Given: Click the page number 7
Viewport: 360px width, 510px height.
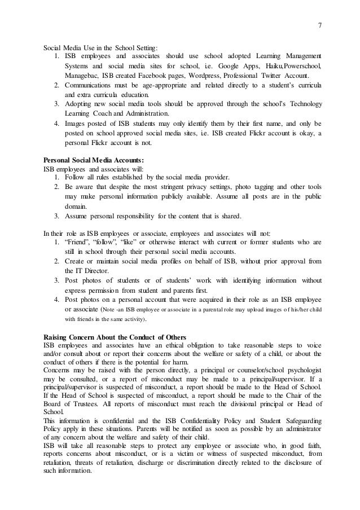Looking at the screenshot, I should click(319, 24).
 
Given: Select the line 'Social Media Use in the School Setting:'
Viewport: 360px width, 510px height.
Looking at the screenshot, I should click(102, 47).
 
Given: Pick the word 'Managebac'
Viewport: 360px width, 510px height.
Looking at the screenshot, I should click(83, 76).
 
